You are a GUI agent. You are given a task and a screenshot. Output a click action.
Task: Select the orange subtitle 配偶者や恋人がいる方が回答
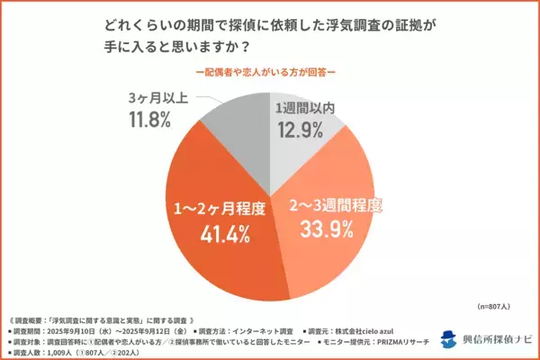point(269,70)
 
